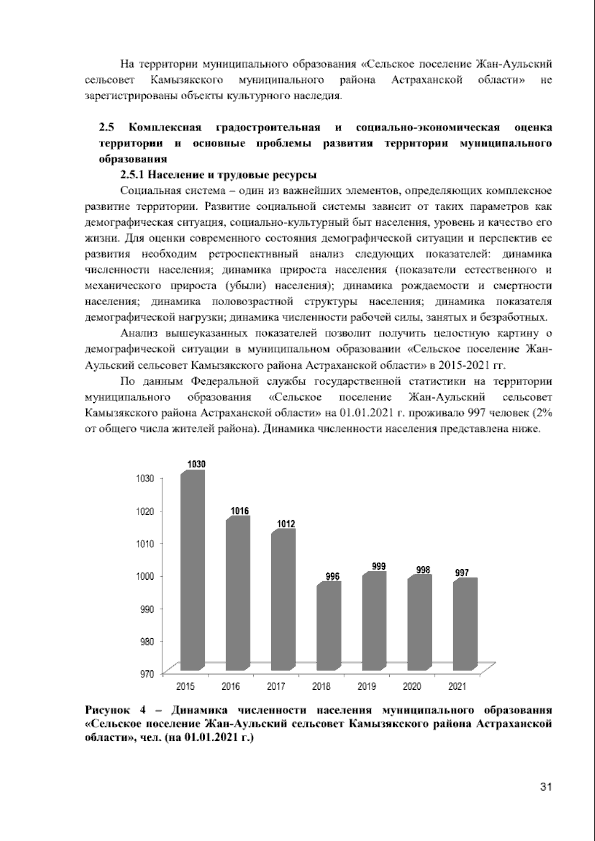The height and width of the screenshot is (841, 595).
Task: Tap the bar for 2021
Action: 465,625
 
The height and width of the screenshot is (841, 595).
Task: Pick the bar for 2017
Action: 283,600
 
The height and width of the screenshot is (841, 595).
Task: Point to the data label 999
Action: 379,566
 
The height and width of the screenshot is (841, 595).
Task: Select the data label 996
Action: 332,576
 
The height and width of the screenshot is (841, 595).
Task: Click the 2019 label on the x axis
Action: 366,687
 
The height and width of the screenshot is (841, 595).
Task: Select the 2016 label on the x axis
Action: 231,687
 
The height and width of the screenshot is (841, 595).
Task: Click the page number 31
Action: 545,787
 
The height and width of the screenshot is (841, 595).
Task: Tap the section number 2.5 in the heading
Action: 107,127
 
